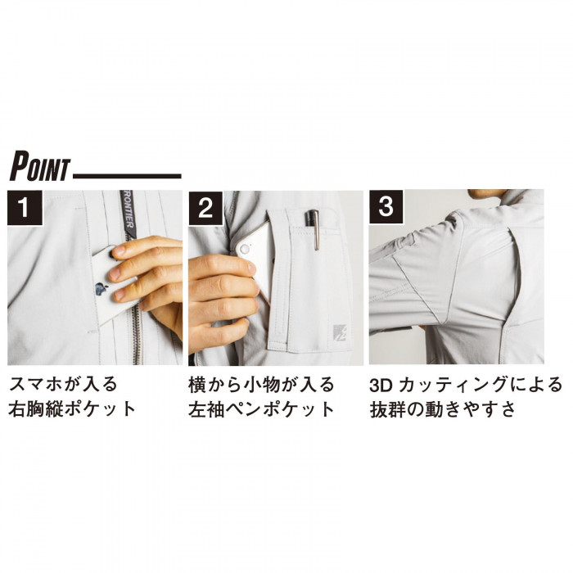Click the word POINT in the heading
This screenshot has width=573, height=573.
[x=39, y=167]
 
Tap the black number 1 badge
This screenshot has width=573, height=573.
[x=25, y=207]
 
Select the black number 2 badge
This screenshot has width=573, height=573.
[x=205, y=208]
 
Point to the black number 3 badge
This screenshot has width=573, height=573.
[x=386, y=207]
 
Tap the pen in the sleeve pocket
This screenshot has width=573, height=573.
[x=314, y=229]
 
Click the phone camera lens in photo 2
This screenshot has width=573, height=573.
[x=245, y=250]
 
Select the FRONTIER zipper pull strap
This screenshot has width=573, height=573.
[x=128, y=214]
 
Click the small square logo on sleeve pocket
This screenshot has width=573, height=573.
[x=340, y=332]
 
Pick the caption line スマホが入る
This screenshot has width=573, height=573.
[x=63, y=385]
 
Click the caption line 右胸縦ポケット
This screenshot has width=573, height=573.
[x=72, y=409]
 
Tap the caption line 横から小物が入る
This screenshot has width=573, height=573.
[x=261, y=385]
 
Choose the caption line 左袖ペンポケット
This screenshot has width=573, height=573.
[x=261, y=409]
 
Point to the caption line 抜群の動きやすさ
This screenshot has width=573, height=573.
[x=443, y=409]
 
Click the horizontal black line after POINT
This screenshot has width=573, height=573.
[x=127, y=176]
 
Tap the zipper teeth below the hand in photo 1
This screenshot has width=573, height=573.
[x=136, y=336]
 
